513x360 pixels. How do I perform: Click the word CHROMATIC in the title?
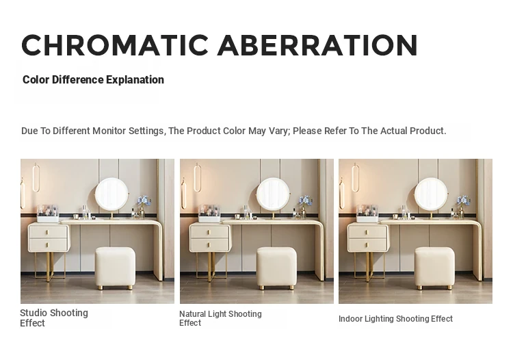[x=115, y=45]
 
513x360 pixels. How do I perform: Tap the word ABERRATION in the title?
[x=317, y=45]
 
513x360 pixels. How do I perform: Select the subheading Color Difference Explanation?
[x=93, y=79]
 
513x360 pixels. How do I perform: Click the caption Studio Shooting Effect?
[x=54, y=318]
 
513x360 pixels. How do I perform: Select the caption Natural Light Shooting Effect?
[x=220, y=318]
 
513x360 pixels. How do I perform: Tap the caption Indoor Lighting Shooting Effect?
[x=395, y=319]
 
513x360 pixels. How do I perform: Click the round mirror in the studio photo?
[x=112, y=194]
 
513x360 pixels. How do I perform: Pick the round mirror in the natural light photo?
[x=273, y=194]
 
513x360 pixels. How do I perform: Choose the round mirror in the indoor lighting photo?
[x=431, y=194]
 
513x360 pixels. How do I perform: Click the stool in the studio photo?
[x=115, y=268]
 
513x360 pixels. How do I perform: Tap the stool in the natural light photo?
[x=276, y=268]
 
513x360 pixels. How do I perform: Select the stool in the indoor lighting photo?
[x=435, y=268]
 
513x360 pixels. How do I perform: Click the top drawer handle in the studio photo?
[x=47, y=233]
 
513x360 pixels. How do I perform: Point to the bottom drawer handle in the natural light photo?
[x=209, y=245]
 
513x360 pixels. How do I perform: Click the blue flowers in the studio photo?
[x=144, y=201]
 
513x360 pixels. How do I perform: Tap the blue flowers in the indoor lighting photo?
[x=464, y=201]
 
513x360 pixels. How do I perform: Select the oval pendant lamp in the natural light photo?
[x=197, y=179]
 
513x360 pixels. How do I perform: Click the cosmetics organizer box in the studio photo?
[x=48, y=214]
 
